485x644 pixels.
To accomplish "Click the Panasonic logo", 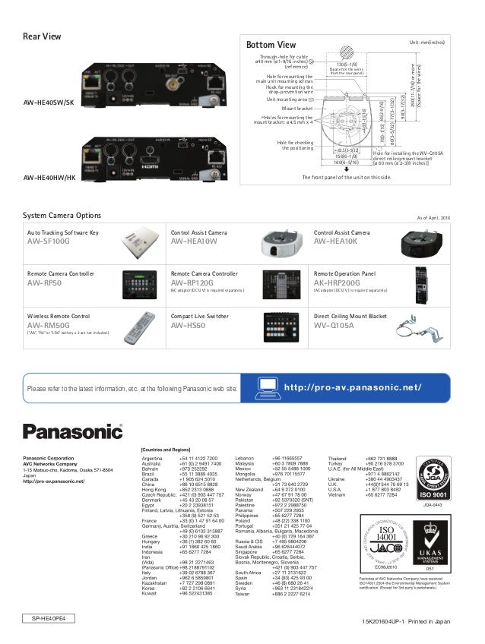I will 72,431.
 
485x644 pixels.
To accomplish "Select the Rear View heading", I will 42,36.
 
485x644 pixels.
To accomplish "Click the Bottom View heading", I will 265,44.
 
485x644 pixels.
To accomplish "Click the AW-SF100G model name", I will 48,241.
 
